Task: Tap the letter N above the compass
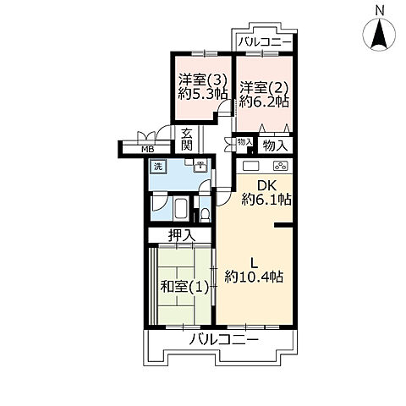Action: [x=380, y=11]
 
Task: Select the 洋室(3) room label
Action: [x=203, y=80]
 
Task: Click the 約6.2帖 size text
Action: [x=264, y=101]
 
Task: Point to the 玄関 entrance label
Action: [x=187, y=140]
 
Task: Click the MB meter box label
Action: [x=147, y=150]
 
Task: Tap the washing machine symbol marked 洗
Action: [x=158, y=167]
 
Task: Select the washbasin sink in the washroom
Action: [x=200, y=167]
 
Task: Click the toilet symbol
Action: [x=205, y=215]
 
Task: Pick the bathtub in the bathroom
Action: [x=180, y=209]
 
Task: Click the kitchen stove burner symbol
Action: [x=281, y=166]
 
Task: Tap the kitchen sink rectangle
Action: [x=250, y=166]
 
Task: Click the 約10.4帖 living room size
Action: [x=254, y=277]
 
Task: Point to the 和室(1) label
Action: [x=184, y=288]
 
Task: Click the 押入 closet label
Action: [x=182, y=235]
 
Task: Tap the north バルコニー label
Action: [x=265, y=43]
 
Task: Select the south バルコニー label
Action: [x=223, y=340]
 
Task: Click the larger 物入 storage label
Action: [x=275, y=145]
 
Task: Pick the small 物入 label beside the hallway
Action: [x=244, y=142]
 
